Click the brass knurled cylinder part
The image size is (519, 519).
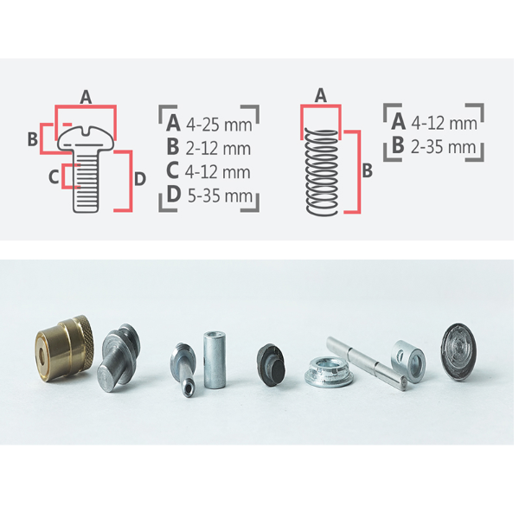65,349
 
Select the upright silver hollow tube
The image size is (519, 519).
215,360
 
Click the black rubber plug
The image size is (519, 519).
271,365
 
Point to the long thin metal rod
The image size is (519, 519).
367,363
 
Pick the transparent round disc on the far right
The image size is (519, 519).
458,351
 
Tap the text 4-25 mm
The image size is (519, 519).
219,125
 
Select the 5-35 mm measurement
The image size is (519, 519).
220,195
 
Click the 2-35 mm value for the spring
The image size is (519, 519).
443,147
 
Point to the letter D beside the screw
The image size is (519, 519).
139,179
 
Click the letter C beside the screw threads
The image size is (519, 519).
54,176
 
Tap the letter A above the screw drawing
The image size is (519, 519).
86,97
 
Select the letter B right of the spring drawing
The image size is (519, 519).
367,170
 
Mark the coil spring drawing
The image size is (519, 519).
322,172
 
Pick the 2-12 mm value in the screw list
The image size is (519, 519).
218,149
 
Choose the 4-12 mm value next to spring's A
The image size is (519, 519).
444,123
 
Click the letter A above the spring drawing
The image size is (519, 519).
320,95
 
